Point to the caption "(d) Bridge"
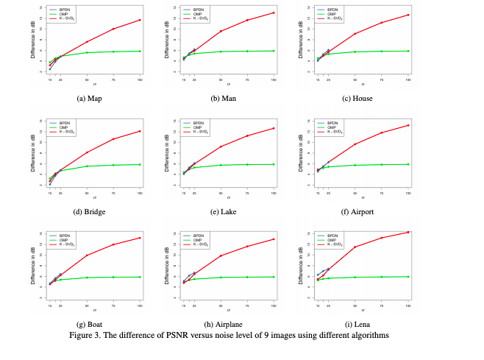(x=90, y=211)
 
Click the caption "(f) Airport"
(x=360, y=211)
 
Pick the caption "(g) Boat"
(x=90, y=324)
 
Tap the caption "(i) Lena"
(x=360, y=324)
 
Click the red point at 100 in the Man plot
(x=274, y=13)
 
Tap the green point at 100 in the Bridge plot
(x=140, y=164)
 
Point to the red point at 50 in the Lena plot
(x=355, y=247)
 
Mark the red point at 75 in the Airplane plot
(x=247, y=246)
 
